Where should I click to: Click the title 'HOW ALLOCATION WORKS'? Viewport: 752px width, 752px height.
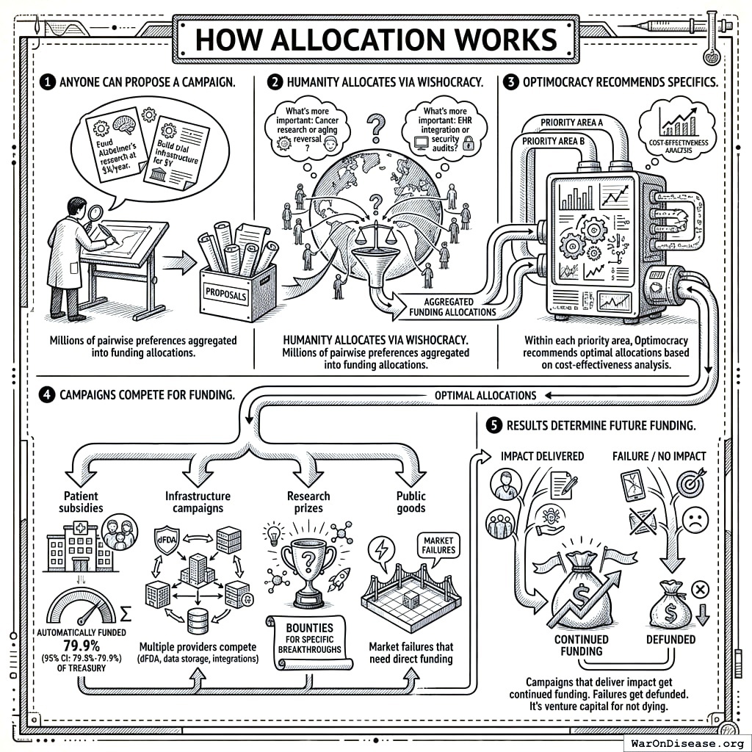click(x=375, y=39)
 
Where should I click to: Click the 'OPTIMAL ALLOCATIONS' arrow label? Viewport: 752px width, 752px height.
click(x=486, y=395)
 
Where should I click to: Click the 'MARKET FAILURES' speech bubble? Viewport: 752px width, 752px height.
click(x=438, y=545)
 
